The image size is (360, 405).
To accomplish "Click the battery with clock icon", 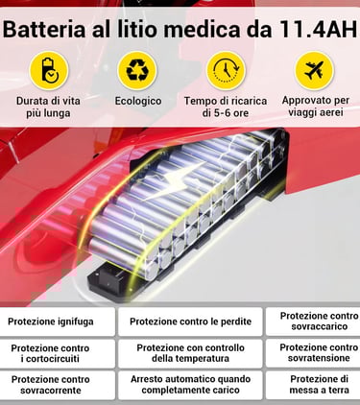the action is coord(49,71).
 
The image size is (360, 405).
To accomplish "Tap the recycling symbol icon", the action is coord(137,71).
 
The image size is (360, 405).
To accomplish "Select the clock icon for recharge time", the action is coord(226,71).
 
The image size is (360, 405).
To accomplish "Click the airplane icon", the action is coord(314,71).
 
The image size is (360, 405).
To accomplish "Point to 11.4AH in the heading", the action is coord(318,30).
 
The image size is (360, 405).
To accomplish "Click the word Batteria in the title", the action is coord(44,30).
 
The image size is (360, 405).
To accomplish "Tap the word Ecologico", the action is coord(138,101).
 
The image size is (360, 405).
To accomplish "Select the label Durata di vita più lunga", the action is coord(48,107).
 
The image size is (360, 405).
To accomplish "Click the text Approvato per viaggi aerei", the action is coord(316,107).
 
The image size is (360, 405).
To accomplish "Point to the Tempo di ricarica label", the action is coord(226,101).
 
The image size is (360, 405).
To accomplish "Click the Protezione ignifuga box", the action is coord(58,322).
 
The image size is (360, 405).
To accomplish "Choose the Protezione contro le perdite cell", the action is coord(190,322).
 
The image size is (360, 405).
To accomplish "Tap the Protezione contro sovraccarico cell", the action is coord(313,322).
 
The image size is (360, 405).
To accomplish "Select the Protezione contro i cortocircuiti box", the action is coord(58,353).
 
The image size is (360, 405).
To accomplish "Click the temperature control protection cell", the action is coord(190,353).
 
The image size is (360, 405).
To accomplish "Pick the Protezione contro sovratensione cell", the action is coord(313,353).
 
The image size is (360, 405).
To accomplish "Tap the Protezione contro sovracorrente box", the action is coord(58,385).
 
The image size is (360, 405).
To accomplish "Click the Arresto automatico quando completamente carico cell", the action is coord(190,385).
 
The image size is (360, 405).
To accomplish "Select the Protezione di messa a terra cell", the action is coord(313,385).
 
